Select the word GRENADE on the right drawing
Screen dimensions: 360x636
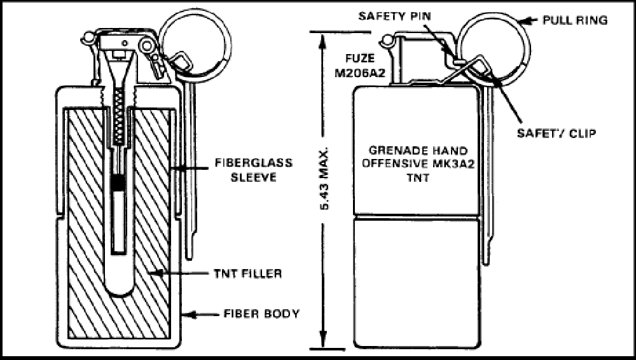392,151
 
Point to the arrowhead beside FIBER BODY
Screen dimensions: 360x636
191,314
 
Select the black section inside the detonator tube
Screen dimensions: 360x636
118,184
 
